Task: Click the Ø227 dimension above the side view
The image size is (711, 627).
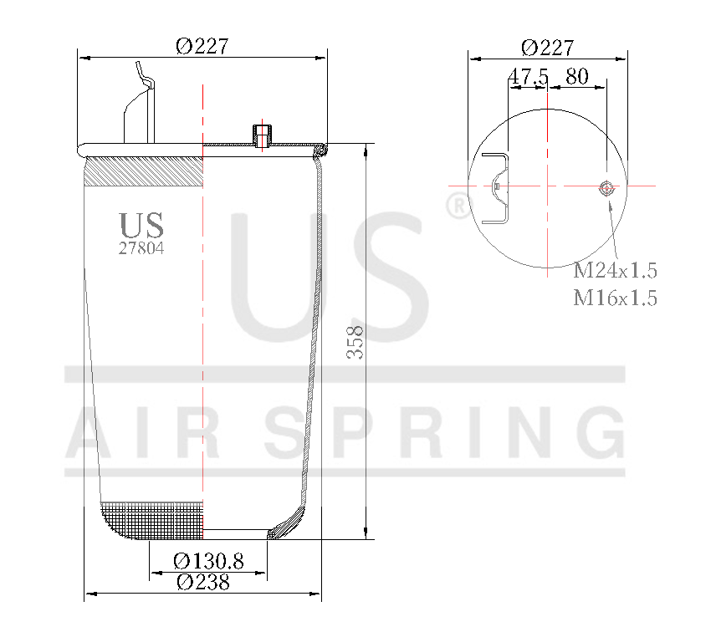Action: pyautogui.click(x=202, y=47)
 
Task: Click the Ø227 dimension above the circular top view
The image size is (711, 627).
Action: pyautogui.click(x=547, y=48)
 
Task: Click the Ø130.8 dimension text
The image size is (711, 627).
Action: pyautogui.click(x=208, y=562)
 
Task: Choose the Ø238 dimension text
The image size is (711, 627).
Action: pyautogui.click(x=203, y=583)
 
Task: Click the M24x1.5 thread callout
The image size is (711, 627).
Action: pyautogui.click(x=615, y=271)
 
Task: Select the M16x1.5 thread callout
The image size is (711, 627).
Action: pyautogui.click(x=615, y=298)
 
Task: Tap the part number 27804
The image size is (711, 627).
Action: pyautogui.click(x=141, y=247)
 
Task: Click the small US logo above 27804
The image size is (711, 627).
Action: pyautogui.click(x=141, y=225)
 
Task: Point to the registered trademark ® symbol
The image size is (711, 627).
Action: pyautogui.click(x=458, y=206)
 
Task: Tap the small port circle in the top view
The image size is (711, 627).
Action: pyautogui.click(x=606, y=188)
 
